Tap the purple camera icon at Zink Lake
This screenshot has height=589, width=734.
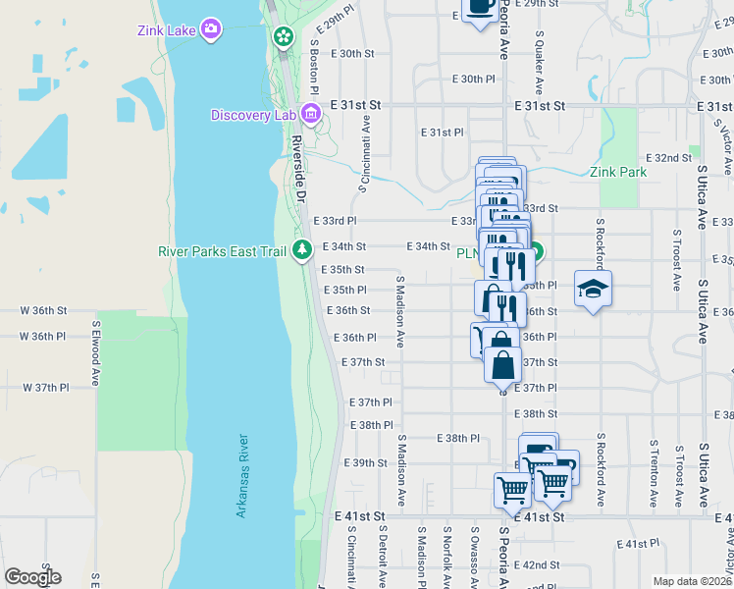tap(210, 28)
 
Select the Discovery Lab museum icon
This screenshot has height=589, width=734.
tap(311, 115)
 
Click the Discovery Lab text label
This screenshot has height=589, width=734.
tap(253, 115)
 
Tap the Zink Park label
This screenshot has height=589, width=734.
tap(618, 172)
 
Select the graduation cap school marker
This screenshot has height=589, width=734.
tap(593, 289)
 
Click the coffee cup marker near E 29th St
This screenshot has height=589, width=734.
tap(479, 8)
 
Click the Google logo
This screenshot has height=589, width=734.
tap(32, 577)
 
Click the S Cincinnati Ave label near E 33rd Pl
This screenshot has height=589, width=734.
tap(366, 153)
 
